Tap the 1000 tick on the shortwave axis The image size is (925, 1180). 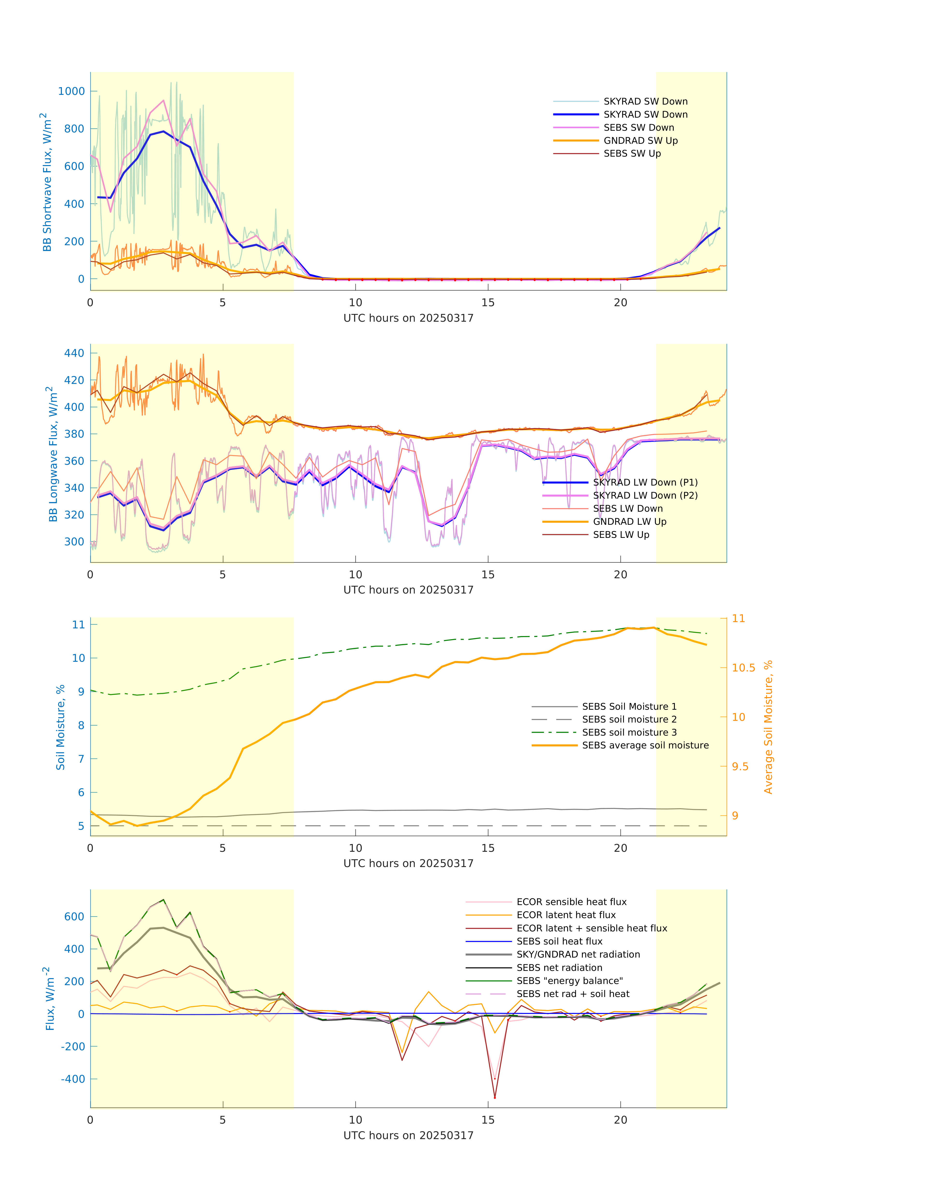coord(72,91)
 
